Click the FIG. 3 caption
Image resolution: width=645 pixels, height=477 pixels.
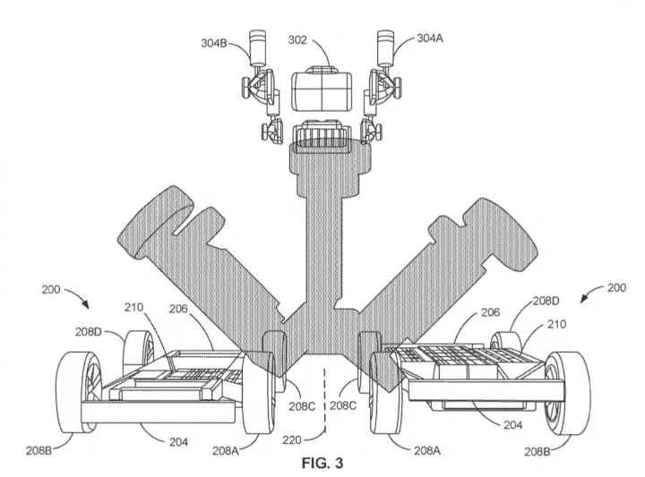pos(322,463)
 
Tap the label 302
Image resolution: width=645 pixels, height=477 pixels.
pos(297,40)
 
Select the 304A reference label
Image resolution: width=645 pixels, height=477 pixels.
pos(430,38)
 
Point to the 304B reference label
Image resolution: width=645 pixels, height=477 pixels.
pos(214,43)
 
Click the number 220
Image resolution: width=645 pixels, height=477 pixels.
pos(292,440)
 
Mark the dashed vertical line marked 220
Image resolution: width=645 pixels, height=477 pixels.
pos(325,401)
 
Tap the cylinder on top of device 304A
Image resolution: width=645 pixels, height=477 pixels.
pos(386,47)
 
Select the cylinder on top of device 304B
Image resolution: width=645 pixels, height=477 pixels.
pos(258,47)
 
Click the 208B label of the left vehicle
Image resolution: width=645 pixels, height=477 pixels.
pos(39,450)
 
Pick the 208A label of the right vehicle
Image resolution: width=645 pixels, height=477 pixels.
pos(427,451)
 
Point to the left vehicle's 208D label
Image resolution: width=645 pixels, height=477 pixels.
pos(88,331)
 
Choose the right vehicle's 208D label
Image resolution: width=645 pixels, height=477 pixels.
pos(546,301)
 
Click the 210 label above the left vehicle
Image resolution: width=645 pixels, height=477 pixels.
pos(133,307)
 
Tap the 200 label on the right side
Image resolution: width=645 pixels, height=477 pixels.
pos(616,287)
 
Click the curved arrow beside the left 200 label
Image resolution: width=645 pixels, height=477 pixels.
pos(77,295)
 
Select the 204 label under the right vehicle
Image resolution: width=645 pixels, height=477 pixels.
pos(513,425)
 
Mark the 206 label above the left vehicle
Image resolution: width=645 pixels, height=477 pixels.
pos(178,309)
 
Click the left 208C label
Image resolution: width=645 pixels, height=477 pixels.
pos(302,406)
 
